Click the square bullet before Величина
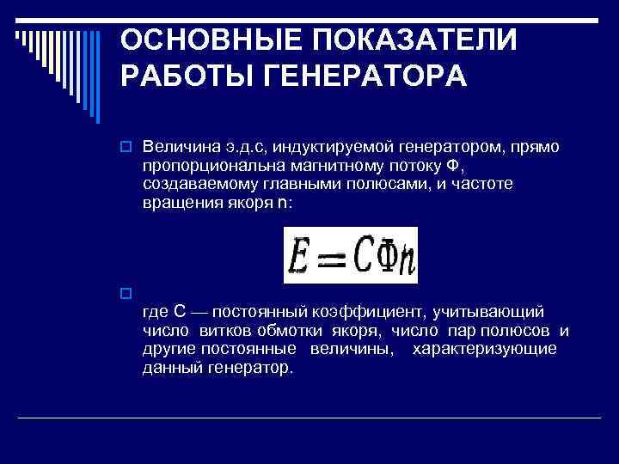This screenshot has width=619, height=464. coord(126,148)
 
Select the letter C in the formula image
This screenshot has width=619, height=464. coord(363,255)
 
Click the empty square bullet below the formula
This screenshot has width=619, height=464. coord(126,293)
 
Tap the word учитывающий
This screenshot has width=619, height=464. coord(493,311)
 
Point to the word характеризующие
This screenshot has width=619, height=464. coord(484,349)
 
